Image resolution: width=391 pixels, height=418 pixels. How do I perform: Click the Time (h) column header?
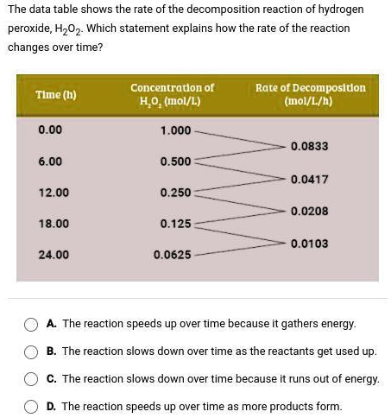pos(55,94)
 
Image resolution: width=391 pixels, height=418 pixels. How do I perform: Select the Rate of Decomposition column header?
pos(310,94)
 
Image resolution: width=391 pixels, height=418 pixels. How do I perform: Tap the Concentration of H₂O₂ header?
pos(172,94)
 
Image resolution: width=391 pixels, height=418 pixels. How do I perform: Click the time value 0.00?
pos(50,130)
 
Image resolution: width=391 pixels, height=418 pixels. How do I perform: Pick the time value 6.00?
pos(50,161)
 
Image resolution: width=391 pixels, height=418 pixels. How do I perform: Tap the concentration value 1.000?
pos(176,130)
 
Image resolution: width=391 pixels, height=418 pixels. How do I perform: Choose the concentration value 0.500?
pos(176,161)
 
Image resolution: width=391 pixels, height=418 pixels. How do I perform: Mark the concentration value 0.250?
pos(176,193)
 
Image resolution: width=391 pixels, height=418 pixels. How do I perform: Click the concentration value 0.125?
pos(176,224)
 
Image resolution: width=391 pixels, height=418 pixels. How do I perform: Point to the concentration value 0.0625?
pos(173,256)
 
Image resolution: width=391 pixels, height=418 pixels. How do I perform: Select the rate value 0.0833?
pos(309,146)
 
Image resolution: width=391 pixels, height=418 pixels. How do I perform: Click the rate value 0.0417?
pos(309,179)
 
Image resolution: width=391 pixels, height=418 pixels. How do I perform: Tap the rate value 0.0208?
pos(309,211)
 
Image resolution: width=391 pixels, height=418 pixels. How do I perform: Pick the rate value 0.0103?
pos(309,244)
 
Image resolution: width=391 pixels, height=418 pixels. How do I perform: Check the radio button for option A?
pos(31,324)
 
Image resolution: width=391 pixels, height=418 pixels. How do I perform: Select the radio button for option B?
pos(31,351)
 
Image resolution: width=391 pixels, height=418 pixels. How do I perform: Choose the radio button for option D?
pos(31,407)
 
